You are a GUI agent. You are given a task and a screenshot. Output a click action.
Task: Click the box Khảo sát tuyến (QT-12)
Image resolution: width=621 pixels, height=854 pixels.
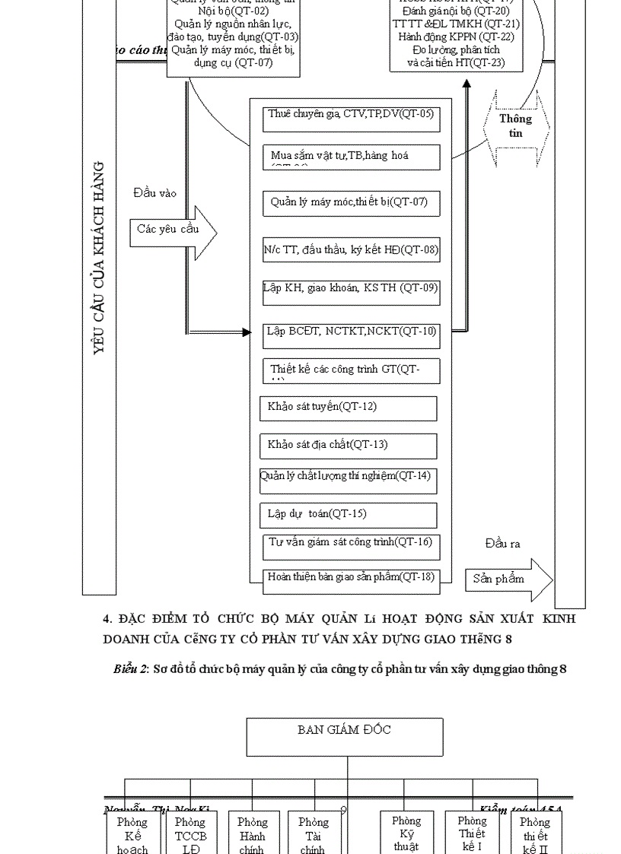tap(349, 408)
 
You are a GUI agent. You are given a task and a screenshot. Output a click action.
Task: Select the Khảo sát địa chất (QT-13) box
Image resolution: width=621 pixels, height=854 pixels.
tap(349, 446)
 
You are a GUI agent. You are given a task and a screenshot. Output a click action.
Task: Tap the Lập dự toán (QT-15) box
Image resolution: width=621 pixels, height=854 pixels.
tap(349, 515)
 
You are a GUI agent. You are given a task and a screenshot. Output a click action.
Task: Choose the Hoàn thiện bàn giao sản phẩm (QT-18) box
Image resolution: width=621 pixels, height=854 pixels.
tap(351, 577)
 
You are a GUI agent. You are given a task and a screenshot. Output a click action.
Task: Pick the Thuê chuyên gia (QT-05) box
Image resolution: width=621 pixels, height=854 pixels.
tap(352, 119)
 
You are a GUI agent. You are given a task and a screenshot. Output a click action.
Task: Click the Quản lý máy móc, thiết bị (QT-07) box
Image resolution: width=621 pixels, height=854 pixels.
tap(352, 203)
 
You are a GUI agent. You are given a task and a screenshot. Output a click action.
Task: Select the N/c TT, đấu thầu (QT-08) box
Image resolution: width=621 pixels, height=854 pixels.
tap(351, 250)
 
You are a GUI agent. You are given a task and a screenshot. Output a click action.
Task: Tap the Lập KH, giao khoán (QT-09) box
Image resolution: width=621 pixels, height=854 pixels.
tap(351, 291)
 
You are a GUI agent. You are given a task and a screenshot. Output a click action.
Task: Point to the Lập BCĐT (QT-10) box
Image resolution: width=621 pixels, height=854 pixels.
tap(351, 332)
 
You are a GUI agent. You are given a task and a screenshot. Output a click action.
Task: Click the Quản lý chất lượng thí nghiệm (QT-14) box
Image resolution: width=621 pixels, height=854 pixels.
tap(349, 480)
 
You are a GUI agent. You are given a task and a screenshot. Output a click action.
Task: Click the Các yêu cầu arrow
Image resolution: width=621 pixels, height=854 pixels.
tap(172, 230)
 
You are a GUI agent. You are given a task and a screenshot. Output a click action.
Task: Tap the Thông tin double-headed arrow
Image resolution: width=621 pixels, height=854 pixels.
tap(515, 126)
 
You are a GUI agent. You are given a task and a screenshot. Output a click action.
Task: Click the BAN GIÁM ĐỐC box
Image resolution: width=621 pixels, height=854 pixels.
tap(345, 736)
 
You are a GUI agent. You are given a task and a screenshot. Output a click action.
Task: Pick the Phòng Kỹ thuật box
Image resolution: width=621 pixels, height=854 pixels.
tap(406, 833)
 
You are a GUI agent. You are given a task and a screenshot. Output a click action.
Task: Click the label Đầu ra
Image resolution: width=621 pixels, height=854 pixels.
tap(502, 544)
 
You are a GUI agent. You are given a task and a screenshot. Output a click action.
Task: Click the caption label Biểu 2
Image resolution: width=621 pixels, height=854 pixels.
tap(130, 669)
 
